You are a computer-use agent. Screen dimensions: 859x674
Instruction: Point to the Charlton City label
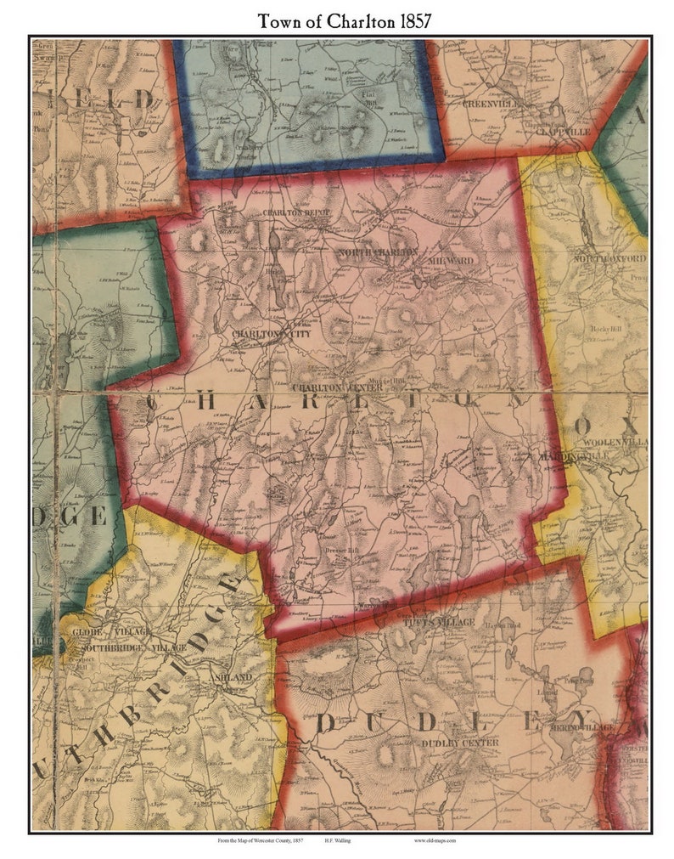point(272,334)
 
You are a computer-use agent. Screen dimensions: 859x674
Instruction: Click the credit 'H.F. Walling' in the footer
point(340,841)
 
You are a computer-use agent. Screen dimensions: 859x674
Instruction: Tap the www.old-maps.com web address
point(435,841)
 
